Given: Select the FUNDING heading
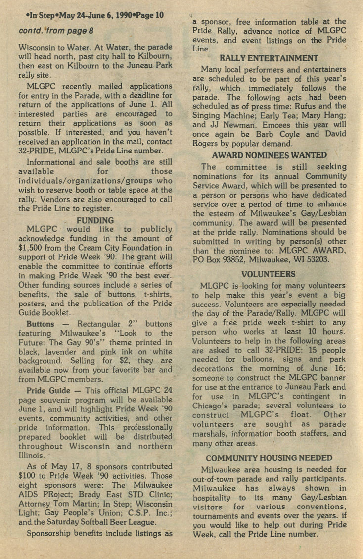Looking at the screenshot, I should pyautogui.click(x=95, y=220).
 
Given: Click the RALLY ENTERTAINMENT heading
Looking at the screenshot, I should pyautogui.click(x=269, y=58).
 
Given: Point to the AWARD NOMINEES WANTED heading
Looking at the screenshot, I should pyautogui.click(x=269, y=155).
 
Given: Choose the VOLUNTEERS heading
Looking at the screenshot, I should pyautogui.click(x=269, y=274).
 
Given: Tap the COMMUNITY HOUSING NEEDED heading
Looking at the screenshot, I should pyautogui.click(x=269, y=458).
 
